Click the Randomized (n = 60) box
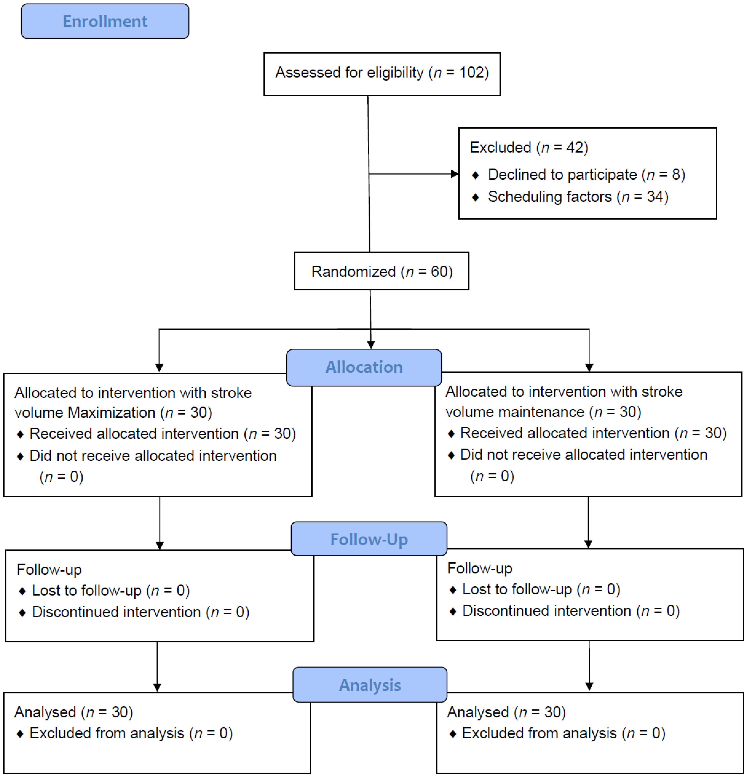pyautogui.click(x=381, y=272)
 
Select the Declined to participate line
pyautogui.click(x=586, y=175)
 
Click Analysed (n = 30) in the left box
pyautogui.click(x=73, y=712)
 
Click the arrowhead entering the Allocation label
pyautogui.click(x=371, y=345)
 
